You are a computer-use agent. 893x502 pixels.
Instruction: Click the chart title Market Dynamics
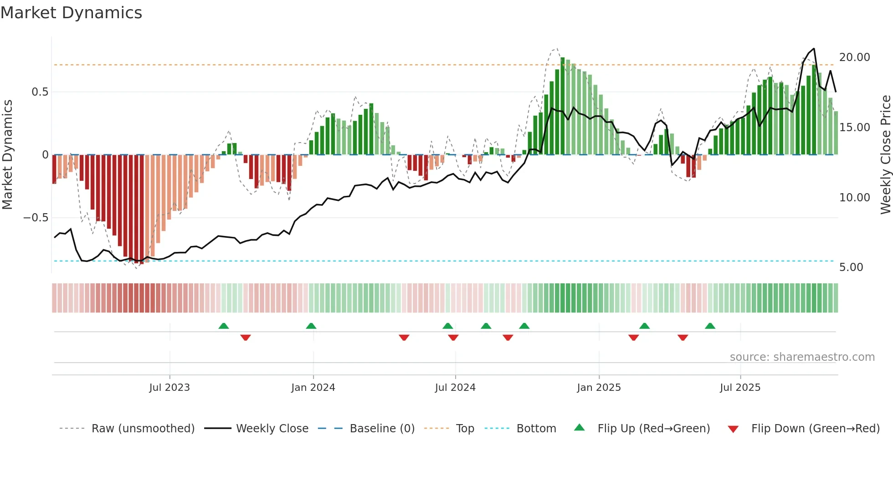(x=71, y=13)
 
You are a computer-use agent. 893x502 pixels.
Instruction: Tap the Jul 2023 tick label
(x=169, y=388)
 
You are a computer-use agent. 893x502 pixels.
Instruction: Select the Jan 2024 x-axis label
(x=313, y=388)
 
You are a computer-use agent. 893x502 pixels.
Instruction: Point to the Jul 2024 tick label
(x=455, y=388)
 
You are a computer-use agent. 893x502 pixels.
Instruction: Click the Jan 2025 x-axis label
(x=599, y=388)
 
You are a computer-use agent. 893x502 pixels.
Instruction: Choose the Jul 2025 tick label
(x=740, y=388)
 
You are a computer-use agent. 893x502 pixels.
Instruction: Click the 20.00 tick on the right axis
(x=854, y=57)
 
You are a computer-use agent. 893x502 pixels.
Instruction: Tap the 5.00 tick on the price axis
(x=851, y=267)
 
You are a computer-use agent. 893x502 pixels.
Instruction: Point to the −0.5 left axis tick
(x=36, y=218)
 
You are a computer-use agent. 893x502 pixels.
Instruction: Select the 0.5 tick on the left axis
(x=40, y=92)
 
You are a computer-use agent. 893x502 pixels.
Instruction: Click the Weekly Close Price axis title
(x=885, y=155)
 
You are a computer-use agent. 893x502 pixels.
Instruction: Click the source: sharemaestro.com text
(x=802, y=357)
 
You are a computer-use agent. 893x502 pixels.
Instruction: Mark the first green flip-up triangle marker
(x=223, y=326)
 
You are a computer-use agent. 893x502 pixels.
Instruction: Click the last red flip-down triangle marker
(x=683, y=338)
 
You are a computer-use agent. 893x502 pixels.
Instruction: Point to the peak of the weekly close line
(x=814, y=49)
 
